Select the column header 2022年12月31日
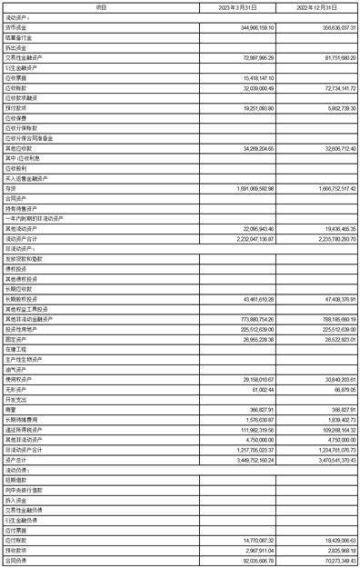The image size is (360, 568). click(317, 6)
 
